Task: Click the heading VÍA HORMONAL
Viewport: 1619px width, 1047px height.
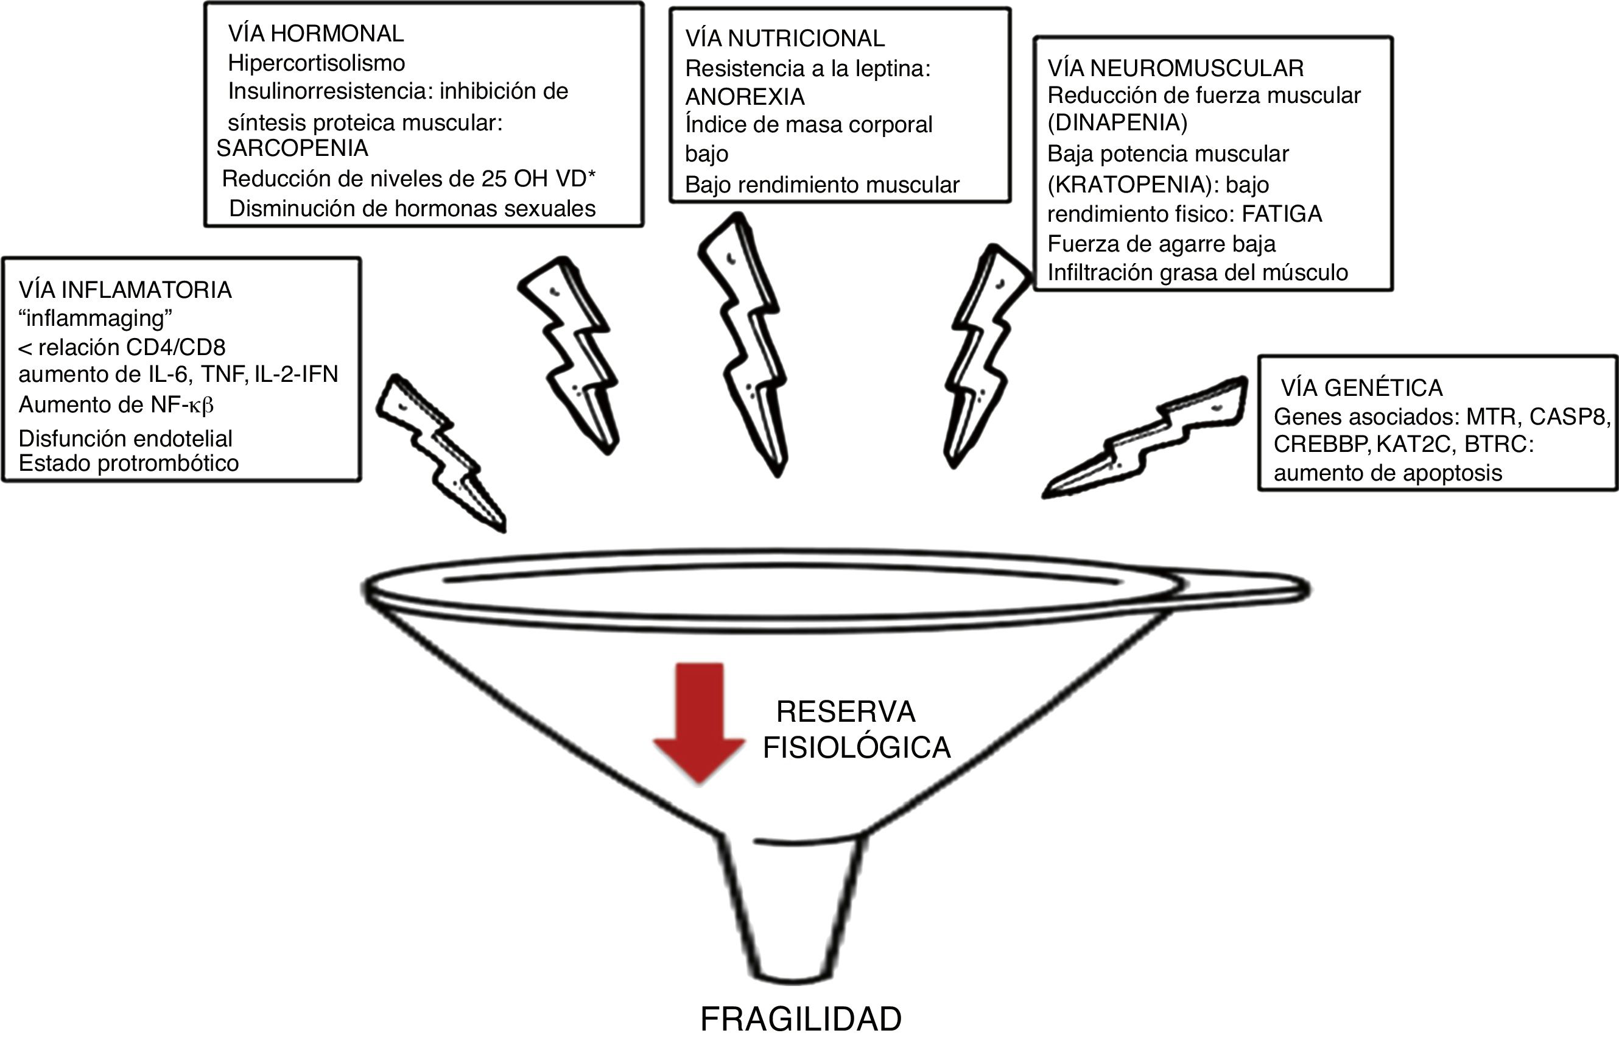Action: (x=316, y=33)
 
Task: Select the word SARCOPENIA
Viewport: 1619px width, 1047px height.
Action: (x=292, y=148)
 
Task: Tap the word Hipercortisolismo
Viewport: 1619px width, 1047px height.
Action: (x=316, y=63)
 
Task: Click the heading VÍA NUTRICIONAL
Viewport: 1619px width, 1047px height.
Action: (x=785, y=39)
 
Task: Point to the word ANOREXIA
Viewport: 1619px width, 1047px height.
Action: (x=745, y=97)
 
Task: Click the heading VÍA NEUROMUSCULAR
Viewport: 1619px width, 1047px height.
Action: (x=1175, y=68)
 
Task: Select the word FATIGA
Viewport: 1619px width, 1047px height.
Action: (x=1282, y=214)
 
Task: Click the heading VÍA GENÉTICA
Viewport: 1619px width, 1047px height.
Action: (x=1361, y=387)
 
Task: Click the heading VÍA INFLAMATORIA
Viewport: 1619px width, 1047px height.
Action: (x=125, y=291)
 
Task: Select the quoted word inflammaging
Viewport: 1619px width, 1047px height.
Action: (x=95, y=318)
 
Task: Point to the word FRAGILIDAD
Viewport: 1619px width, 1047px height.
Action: (x=801, y=1020)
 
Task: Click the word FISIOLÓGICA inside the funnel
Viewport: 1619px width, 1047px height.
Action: (x=857, y=748)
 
